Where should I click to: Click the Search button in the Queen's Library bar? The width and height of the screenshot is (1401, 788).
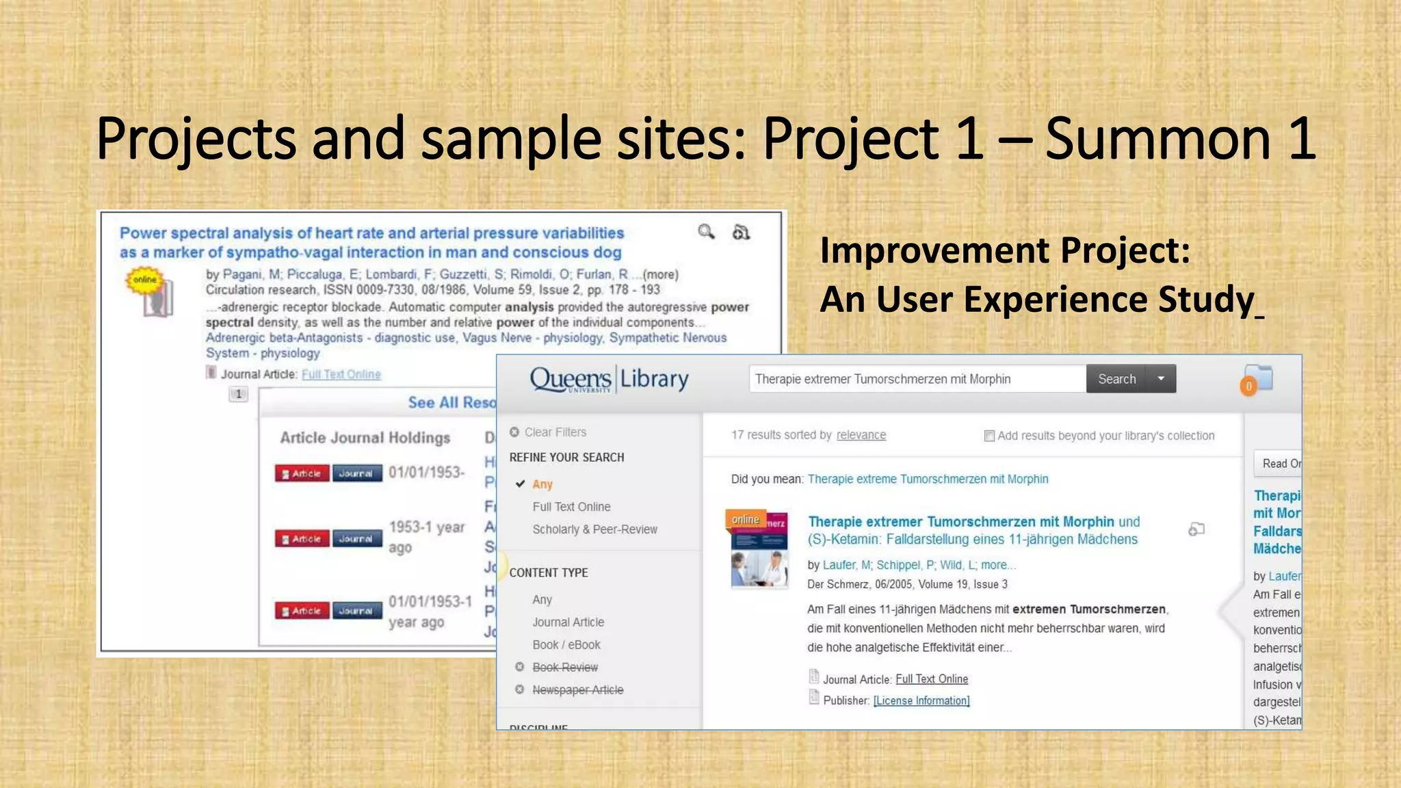point(1116,379)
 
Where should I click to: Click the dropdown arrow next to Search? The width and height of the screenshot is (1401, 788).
point(1161,379)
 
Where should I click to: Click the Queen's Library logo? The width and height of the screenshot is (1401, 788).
point(609,379)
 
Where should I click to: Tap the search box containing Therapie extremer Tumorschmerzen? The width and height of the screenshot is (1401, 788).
point(917,379)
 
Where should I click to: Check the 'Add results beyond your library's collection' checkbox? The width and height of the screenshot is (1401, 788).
point(989,436)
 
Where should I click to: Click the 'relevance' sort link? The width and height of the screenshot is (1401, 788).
point(861,435)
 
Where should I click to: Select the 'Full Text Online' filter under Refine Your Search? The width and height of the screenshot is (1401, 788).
point(571,507)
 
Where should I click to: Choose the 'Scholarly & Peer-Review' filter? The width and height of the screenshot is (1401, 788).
point(594,529)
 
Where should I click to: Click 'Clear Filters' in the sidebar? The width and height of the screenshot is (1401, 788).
point(555,432)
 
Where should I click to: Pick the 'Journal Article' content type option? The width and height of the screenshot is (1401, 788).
point(568,622)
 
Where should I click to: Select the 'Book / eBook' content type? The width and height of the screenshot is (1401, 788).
point(566,645)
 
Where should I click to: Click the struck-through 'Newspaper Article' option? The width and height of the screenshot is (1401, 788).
point(577,690)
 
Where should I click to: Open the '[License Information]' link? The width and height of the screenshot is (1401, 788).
point(921,700)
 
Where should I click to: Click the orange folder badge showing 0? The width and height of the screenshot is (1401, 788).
point(1248,386)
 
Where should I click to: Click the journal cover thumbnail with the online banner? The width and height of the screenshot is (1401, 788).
point(759,551)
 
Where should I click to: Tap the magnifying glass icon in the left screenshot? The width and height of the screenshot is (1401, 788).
point(706,232)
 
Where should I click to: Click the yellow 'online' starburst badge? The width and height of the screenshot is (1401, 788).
point(144,280)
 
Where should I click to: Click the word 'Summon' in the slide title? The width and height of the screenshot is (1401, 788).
point(1157,139)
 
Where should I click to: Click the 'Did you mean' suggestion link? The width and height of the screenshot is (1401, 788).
point(928,479)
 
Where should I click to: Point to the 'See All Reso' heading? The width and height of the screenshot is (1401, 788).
point(451,402)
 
